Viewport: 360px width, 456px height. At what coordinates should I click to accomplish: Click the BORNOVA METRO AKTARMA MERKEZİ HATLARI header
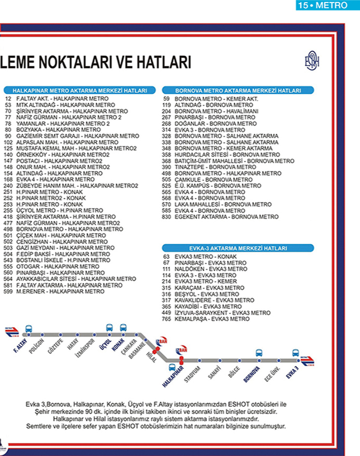click(x=238, y=90)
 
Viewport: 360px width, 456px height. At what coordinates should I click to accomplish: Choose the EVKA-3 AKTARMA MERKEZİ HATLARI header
click(x=238, y=248)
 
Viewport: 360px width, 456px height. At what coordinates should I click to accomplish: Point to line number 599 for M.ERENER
click(x=8, y=292)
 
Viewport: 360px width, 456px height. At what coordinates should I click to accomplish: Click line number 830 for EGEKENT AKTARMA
click(x=166, y=217)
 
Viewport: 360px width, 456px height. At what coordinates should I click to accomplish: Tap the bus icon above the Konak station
click(x=123, y=327)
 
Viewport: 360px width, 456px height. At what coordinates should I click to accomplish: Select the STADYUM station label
click(x=193, y=374)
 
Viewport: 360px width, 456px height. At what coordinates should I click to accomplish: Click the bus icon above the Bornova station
click(x=259, y=353)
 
